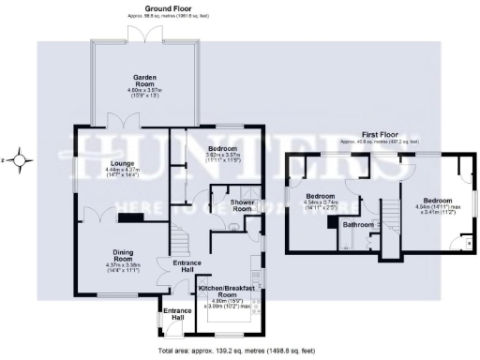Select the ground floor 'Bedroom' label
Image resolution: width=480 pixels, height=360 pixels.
coord(222,149)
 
